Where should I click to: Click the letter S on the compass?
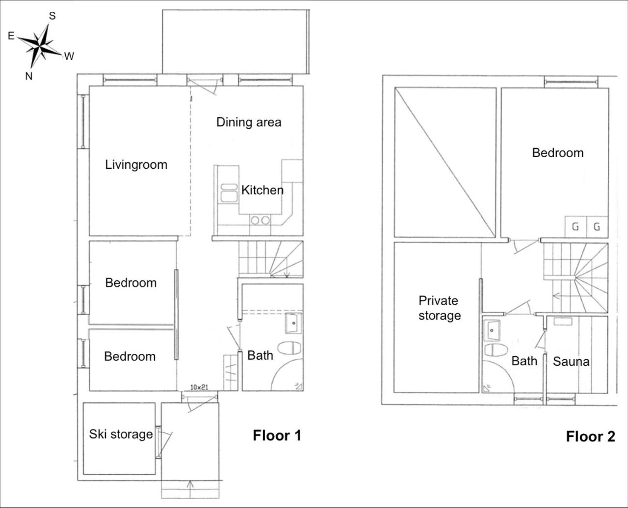click(52, 16)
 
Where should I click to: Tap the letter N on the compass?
click(28, 77)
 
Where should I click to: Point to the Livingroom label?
click(136, 164)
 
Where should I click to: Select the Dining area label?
click(249, 122)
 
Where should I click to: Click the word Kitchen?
click(262, 190)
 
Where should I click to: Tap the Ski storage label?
click(121, 434)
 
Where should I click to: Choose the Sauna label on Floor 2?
click(571, 361)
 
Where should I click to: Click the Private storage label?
click(440, 308)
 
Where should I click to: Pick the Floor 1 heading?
click(277, 436)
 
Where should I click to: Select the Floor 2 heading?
click(591, 437)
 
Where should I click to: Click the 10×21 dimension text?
click(199, 387)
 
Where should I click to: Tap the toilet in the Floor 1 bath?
click(289, 348)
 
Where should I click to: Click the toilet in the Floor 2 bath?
click(496, 350)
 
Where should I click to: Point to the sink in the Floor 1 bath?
click(293, 323)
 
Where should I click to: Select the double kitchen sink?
click(229, 193)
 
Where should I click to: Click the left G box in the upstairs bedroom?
click(576, 227)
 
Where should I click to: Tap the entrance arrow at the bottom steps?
click(190, 489)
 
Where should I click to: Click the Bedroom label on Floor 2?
click(558, 153)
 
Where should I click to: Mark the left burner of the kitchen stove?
click(255, 220)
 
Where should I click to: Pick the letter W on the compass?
click(69, 56)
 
